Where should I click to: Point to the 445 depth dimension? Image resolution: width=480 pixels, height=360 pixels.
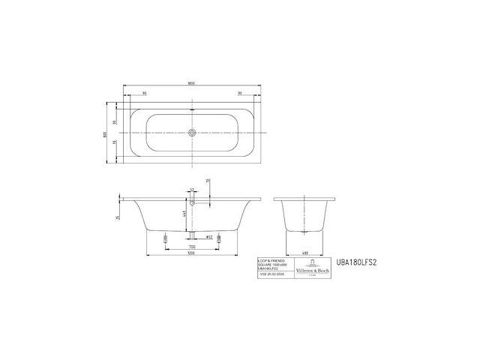click(184, 214)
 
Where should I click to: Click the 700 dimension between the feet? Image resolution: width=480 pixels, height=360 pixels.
click(192, 246)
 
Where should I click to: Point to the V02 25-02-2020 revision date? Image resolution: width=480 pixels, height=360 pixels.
click(272, 275)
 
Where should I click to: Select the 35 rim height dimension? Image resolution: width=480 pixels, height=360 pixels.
click(118, 217)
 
